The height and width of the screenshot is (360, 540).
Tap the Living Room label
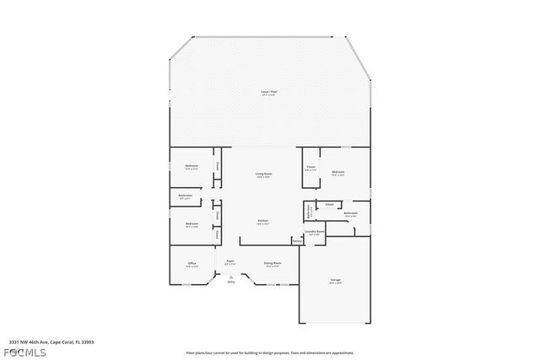[x=263, y=175]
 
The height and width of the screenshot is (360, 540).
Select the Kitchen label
[x=263, y=221]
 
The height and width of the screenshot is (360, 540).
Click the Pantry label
[x=296, y=241]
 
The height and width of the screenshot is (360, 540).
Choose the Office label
[x=192, y=264]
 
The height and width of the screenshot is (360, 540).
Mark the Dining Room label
[x=272, y=263]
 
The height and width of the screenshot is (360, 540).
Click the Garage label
[x=335, y=282]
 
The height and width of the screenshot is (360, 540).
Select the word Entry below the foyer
[x=230, y=284]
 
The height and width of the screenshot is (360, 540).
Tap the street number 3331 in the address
[x=15, y=342]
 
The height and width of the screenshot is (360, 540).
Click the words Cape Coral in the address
[x=62, y=342]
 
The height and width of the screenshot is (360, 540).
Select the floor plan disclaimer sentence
[x=270, y=353]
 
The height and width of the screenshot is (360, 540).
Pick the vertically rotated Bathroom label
[x=309, y=212]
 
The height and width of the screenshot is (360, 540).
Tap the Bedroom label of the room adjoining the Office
[x=192, y=224]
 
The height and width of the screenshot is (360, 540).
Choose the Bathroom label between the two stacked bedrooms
[x=186, y=196]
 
